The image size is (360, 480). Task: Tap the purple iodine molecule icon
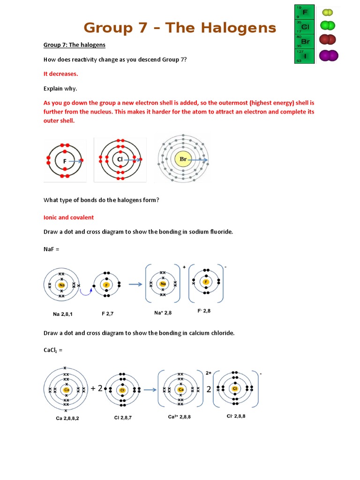pyautogui.click(x=329, y=56)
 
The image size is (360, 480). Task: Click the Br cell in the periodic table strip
pyautogui.click(x=305, y=41)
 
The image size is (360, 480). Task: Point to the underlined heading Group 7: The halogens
pyautogui.click(x=75, y=45)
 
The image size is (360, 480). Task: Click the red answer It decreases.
pyautogui.click(x=61, y=74)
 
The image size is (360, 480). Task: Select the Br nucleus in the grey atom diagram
pyautogui.click(x=183, y=159)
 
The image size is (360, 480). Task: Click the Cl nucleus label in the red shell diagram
pyautogui.click(x=120, y=159)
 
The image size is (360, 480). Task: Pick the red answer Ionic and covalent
pyautogui.click(x=68, y=217)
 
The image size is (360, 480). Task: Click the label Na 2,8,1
pyautogui.click(x=63, y=314)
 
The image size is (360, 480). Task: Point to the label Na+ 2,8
pyautogui.click(x=163, y=312)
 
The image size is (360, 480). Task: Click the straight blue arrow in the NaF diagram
pyautogui.click(x=135, y=284)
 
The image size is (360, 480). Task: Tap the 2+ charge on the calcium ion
pyautogui.click(x=209, y=373)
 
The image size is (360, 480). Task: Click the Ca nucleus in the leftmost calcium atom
pyautogui.click(x=67, y=390)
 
